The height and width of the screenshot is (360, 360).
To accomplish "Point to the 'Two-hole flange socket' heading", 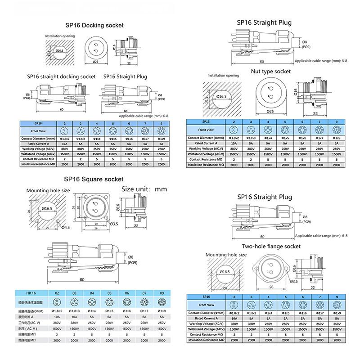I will pos(271,246).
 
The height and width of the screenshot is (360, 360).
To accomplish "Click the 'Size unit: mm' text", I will pos(144,189).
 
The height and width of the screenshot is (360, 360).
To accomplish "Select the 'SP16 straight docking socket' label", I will pos(61,77).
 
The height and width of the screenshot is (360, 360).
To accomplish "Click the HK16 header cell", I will pos(31,292).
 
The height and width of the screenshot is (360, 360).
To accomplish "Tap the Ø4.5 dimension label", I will pos(65,227).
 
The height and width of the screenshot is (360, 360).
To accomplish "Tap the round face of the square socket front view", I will pos(95,207).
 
